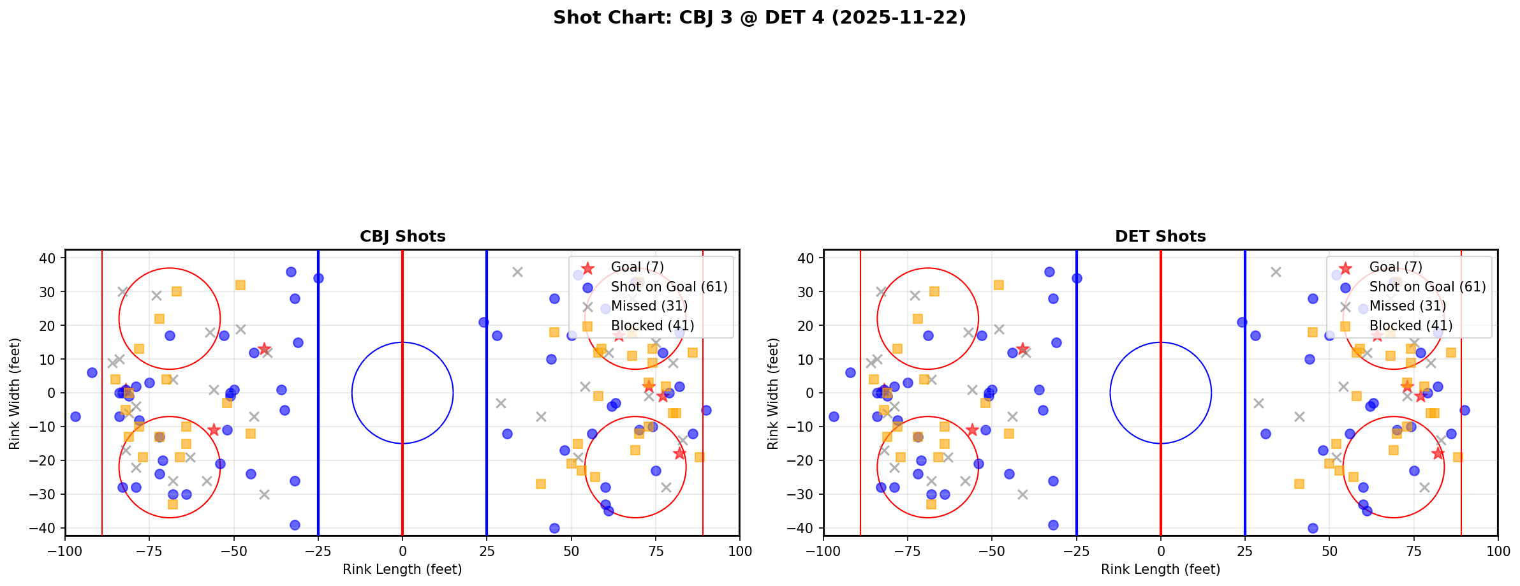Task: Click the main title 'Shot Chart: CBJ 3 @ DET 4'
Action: [x=759, y=18]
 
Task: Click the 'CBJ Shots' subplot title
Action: [x=402, y=237]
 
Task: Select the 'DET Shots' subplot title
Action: [x=1160, y=237]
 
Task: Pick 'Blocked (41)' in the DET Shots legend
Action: [x=1410, y=326]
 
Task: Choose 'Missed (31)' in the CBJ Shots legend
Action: [x=649, y=306]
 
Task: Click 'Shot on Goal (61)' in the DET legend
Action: [x=1427, y=287]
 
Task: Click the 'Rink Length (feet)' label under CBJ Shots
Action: [x=402, y=569]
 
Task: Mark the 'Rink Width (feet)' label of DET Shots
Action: [x=773, y=393]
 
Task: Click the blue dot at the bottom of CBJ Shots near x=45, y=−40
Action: [x=554, y=528]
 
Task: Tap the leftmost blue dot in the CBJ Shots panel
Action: [x=75, y=416]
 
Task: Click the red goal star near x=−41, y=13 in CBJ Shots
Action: [x=264, y=349]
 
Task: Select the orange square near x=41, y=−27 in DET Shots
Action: [x=1299, y=484]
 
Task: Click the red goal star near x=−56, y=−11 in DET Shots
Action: [x=972, y=430]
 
